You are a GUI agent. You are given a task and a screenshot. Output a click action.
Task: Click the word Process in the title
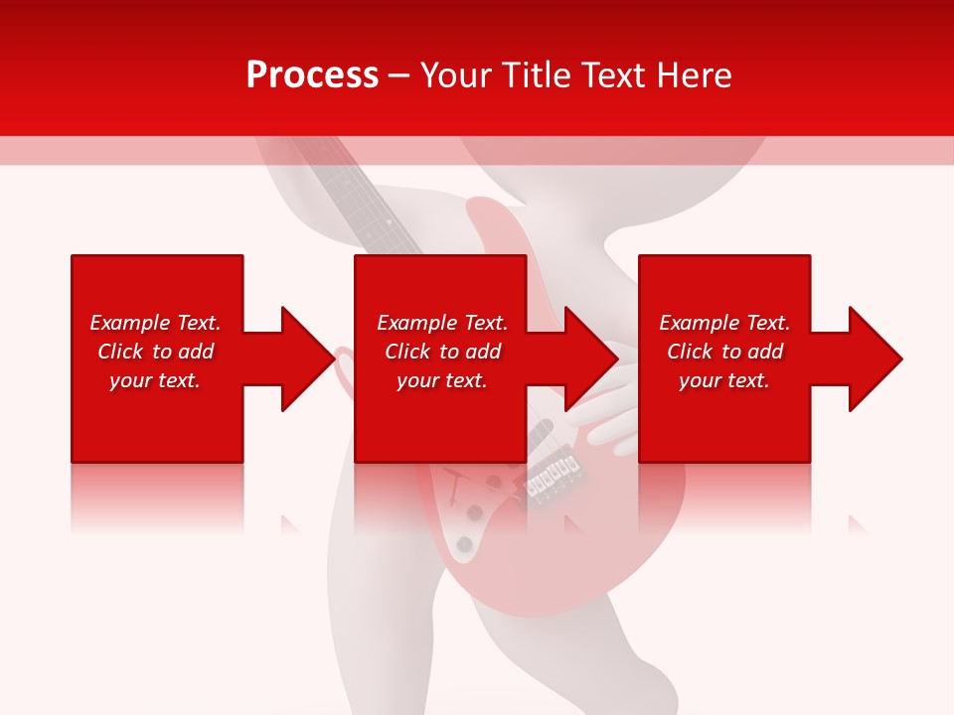pos(312,75)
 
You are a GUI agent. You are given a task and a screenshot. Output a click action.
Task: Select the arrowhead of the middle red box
pos(589,358)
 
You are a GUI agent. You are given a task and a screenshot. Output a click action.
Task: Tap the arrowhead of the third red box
pos(874,358)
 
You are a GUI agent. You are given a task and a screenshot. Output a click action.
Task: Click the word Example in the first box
pos(130,323)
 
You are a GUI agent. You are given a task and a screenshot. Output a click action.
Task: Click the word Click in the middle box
pos(407,352)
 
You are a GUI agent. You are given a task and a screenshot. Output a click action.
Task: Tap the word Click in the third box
pos(690,352)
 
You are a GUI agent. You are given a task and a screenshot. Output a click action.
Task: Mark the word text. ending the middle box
pos(466,380)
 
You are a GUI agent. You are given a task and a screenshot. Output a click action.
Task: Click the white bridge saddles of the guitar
pos(553,479)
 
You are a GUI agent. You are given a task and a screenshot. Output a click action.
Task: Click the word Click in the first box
pos(120,352)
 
